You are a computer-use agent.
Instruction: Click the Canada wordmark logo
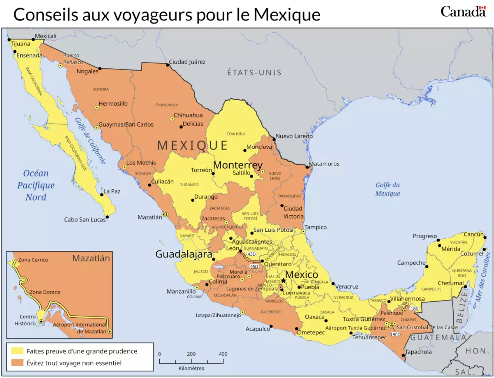click(463, 12)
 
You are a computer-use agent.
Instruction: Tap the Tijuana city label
click(21, 43)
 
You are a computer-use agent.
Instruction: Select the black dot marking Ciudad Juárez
click(168, 65)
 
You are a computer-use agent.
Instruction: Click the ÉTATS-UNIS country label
click(254, 73)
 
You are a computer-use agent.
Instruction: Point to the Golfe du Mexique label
click(387, 189)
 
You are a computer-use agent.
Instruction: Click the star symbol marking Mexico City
click(283, 281)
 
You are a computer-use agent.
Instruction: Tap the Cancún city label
click(473, 234)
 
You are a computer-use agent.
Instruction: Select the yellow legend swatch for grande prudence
click(17, 351)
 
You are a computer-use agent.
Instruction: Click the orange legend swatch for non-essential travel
click(17, 363)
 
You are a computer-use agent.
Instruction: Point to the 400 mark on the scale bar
click(223, 354)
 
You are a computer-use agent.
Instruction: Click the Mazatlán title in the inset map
click(91, 258)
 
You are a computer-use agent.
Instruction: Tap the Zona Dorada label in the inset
click(45, 292)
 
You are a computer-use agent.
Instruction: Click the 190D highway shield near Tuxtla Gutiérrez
click(395, 334)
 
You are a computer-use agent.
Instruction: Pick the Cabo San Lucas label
click(85, 219)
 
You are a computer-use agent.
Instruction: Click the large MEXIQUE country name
click(192, 145)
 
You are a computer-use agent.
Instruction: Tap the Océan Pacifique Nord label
click(36, 185)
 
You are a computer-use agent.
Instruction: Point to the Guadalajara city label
click(183, 254)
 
